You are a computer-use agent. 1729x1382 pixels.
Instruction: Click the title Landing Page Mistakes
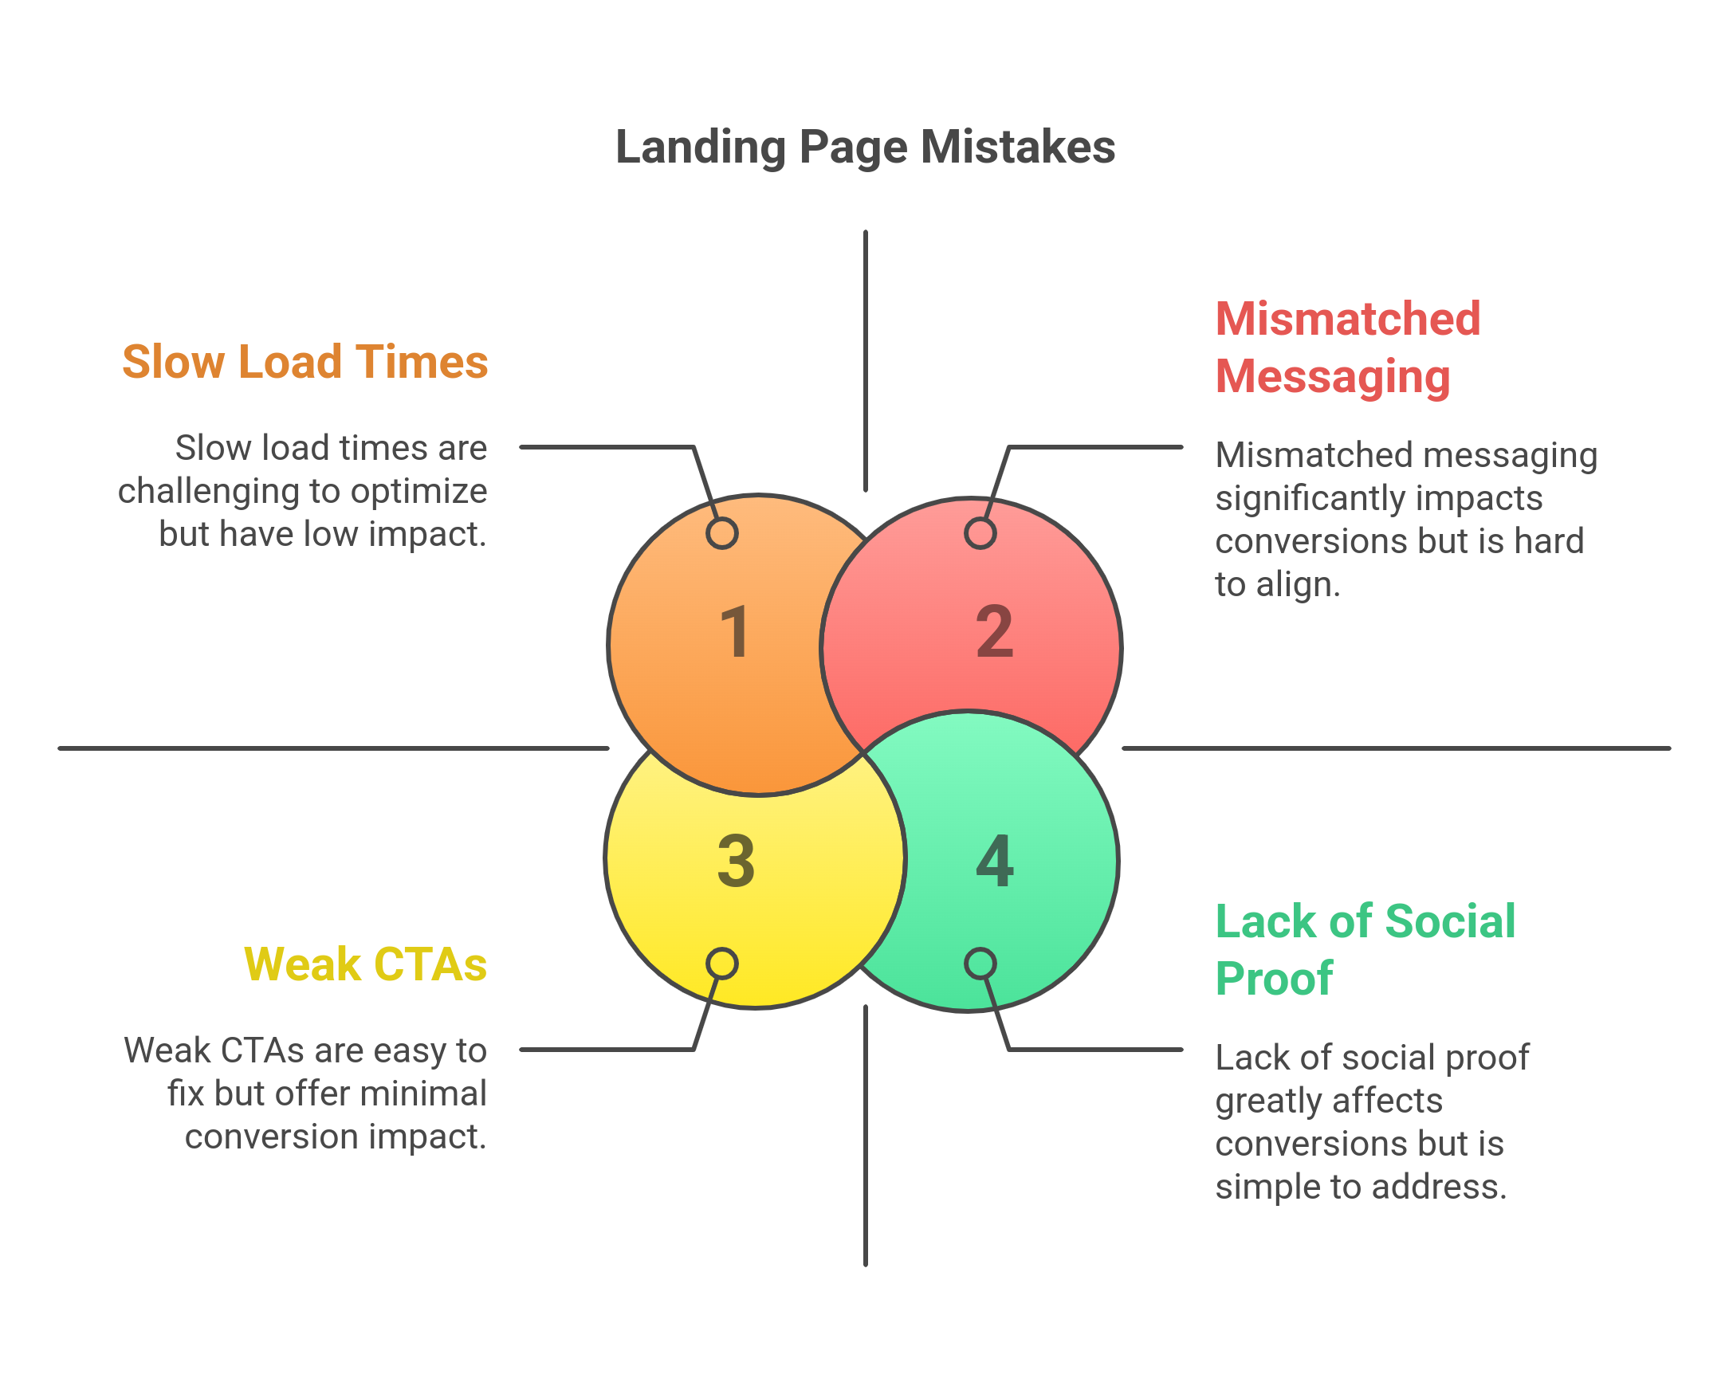click(864, 147)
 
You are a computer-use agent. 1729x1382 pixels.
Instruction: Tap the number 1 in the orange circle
click(735, 632)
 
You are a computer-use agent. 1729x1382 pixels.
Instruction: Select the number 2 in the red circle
click(994, 632)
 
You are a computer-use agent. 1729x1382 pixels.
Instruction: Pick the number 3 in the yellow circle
click(736, 861)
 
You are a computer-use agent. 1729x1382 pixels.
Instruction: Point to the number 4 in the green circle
click(994, 861)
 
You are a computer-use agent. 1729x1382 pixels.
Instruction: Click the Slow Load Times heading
click(305, 362)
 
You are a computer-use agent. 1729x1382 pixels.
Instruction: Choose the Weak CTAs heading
click(365, 964)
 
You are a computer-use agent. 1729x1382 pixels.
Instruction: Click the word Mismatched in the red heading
click(1347, 319)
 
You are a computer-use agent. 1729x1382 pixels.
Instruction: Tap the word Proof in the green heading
click(1274, 979)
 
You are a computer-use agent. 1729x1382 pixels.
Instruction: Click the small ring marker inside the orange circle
click(721, 533)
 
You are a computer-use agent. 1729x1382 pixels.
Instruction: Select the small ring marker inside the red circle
click(980, 533)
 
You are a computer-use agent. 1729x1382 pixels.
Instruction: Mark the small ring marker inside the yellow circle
click(721, 964)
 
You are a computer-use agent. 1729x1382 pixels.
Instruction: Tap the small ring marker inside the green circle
click(980, 964)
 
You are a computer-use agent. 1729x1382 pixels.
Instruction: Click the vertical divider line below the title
click(866, 361)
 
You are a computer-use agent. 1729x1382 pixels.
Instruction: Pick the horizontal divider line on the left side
click(333, 748)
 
